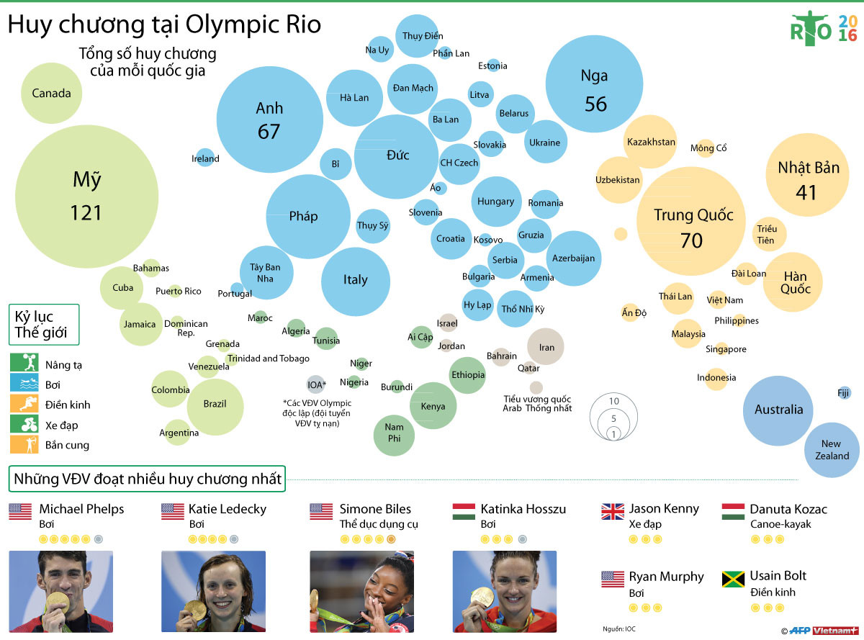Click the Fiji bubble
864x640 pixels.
click(843, 392)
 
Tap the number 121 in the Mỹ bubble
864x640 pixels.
click(86, 213)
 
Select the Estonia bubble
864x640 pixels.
click(493, 66)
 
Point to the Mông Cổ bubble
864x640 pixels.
click(705, 148)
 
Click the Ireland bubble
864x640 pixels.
click(205, 158)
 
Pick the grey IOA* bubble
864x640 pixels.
click(315, 384)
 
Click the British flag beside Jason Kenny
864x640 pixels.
click(613, 511)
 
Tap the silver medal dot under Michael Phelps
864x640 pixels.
click(98, 538)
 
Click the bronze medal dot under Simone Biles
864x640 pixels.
click(391, 538)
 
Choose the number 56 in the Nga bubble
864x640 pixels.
click(595, 104)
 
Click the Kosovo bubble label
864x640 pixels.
click(488, 240)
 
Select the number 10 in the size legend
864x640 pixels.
click(613, 401)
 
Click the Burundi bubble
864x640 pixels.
click(397, 387)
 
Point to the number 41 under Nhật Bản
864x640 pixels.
click(806, 192)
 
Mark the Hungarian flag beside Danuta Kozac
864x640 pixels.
click(733, 511)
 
